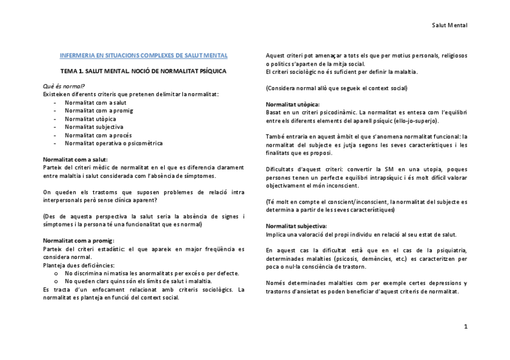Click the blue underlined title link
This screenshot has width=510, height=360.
pyautogui.click(x=143, y=56)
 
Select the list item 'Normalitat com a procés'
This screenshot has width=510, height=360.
pyautogui.click(x=98, y=135)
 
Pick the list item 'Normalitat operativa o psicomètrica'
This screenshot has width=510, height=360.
pyautogui.click(x=114, y=144)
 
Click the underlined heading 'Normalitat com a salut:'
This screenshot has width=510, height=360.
pyautogui.click(x=75, y=159)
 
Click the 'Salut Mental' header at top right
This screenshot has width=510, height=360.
pyautogui.click(x=450, y=25)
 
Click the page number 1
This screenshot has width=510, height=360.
pyautogui.click(x=465, y=326)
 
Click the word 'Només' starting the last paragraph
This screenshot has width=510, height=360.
pyautogui.click(x=275, y=283)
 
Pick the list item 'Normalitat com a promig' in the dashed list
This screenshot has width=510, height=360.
pyautogui.click(x=99, y=111)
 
